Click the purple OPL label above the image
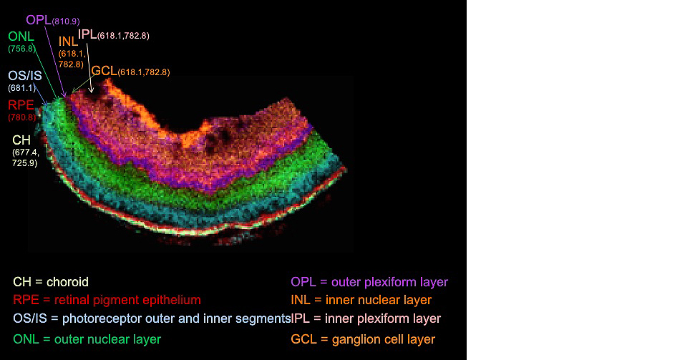coord(39,20)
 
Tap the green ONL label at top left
coord(21,36)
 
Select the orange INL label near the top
coord(68,42)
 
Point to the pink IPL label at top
coord(87,34)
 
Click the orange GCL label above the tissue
coord(104,71)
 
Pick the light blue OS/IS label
coord(25,76)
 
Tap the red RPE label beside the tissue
coord(21,104)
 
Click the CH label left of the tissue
coord(21,140)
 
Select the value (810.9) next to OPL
coord(66,21)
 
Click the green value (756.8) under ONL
coord(22,49)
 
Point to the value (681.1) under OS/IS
coord(22,87)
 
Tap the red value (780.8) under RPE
coord(22,117)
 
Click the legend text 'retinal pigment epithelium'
coord(127,300)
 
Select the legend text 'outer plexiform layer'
coord(389,282)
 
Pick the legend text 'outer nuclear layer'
coord(108,339)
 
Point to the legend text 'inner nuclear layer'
coord(379,300)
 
